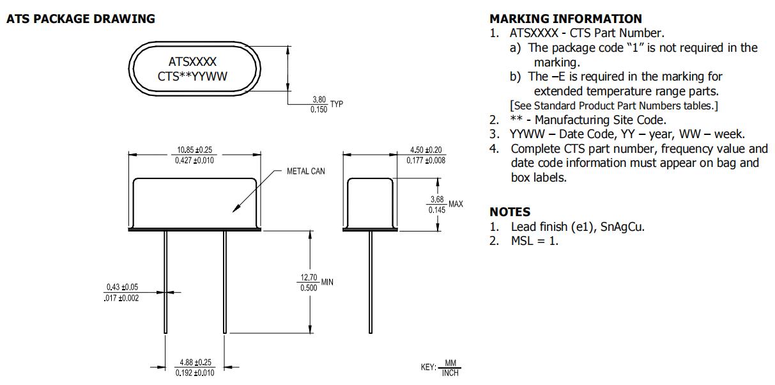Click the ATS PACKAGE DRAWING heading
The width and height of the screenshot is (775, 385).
coord(81,19)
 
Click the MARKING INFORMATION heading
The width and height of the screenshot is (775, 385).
coord(565,19)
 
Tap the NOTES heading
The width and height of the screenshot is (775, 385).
coord(510,212)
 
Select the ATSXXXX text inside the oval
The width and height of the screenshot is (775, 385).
coord(192,62)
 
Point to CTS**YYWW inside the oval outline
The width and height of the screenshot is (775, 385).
coord(192,77)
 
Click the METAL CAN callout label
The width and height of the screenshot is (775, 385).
coord(305,171)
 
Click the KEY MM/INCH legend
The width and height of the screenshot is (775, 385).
coord(440,368)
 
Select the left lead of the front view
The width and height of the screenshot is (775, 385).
coord(165,281)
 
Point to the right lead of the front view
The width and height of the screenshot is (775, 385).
coord(224,281)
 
